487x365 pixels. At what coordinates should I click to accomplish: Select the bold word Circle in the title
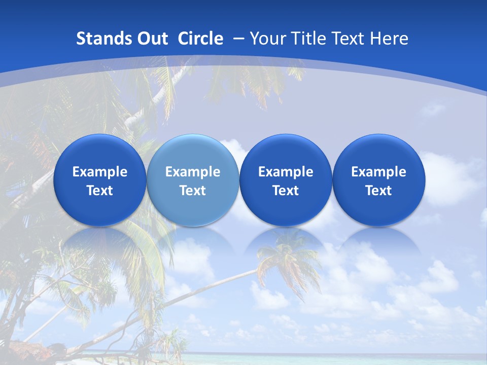click(x=200, y=39)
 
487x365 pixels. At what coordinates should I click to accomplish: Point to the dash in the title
click(x=238, y=39)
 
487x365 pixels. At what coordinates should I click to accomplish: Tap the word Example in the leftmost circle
click(x=99, y=172)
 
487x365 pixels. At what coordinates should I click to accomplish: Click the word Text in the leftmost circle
click(x=99, y=191)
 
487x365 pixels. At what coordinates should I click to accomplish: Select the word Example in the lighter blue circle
click(x=192, y=172)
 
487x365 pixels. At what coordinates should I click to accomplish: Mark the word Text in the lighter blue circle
click(x=192, y=191)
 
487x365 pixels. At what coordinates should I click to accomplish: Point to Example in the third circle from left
click(x=286, y=172)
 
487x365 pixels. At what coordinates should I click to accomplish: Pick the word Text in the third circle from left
click(x=286, y=191)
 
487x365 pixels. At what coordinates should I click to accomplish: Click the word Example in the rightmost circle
click(x=378, y=172)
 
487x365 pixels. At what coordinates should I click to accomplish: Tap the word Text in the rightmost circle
click(x=378, y=191)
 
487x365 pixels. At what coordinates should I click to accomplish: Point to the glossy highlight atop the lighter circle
click(x=192, y=144)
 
